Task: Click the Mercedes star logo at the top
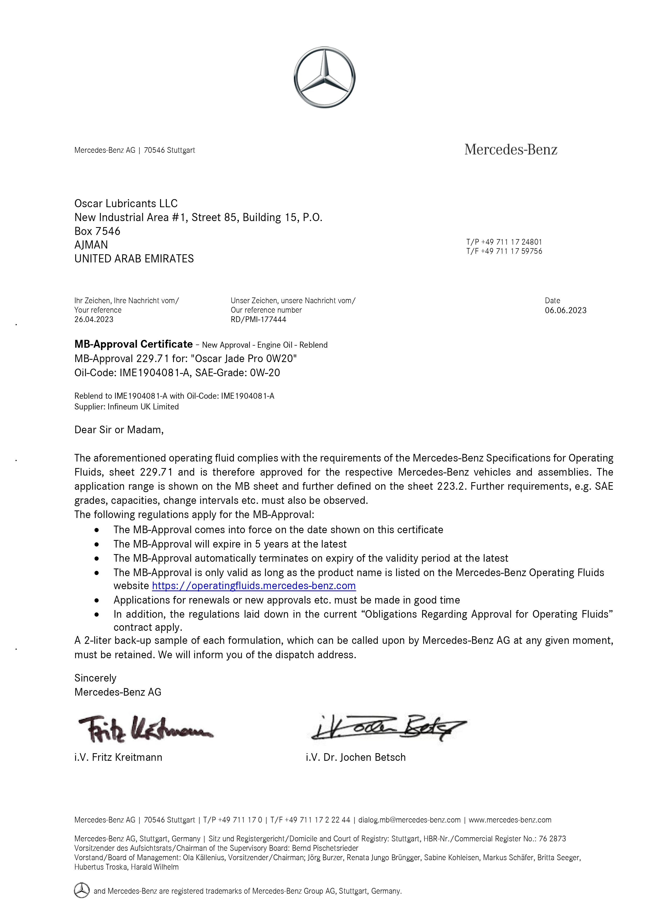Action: (324, 77)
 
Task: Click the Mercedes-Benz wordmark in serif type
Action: (511, 150)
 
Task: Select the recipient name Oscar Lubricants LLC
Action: (126, 204)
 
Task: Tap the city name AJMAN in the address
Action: (91, 245)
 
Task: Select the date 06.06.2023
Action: (566, 310)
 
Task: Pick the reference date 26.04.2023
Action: (94, 319)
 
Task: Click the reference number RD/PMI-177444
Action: (258, 319)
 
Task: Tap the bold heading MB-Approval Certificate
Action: (134, 344)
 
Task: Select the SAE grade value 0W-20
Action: (265, 373)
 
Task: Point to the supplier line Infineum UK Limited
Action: (143, 407)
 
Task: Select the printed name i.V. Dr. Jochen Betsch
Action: (355, 757)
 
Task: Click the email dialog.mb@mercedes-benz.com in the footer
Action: (409, 820)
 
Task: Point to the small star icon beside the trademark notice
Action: (82, 891)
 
